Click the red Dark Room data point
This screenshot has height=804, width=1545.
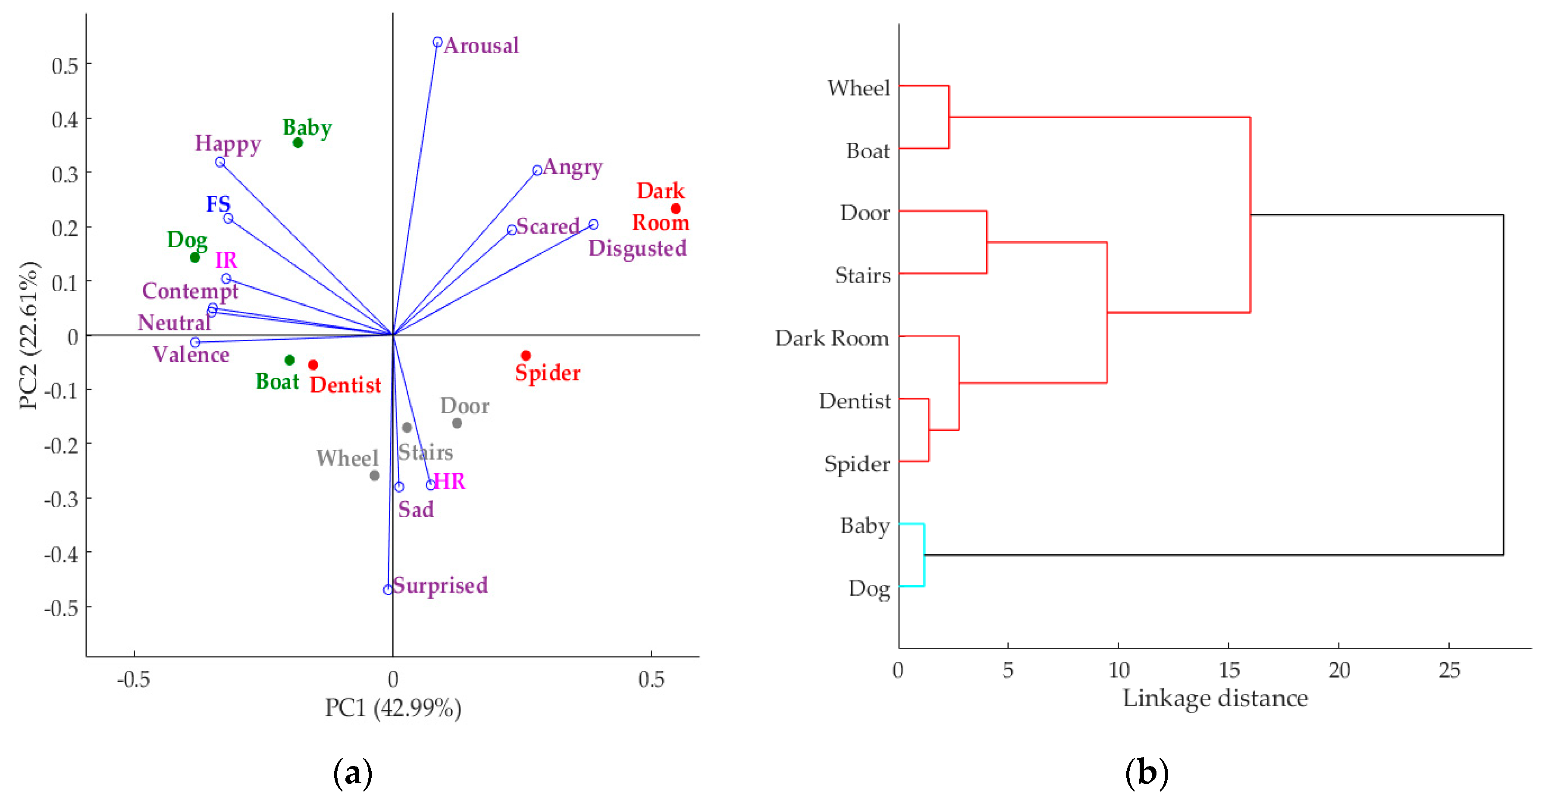coord(676,209)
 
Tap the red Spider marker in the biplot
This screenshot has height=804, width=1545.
coord(526,356)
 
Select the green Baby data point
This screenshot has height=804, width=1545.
coord(298,143)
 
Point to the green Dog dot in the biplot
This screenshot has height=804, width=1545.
coord(195,258)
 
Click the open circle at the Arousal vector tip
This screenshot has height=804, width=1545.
coord(437,42)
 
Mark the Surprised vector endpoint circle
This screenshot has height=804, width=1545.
coord(388,590)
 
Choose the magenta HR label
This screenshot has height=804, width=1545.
coord(449,481)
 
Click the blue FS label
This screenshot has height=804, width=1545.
coord(218,204)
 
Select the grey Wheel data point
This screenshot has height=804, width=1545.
coord(374,476)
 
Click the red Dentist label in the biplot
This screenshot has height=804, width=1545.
coord(345,385)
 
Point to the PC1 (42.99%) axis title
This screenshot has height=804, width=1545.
coord(393,708)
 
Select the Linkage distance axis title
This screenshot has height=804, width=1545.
coord(1215,698)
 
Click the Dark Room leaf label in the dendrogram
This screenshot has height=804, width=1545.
coord(831,339)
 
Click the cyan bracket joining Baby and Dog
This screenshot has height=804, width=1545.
coord(924,555)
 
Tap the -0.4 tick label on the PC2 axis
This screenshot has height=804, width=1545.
coord(61,553)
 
